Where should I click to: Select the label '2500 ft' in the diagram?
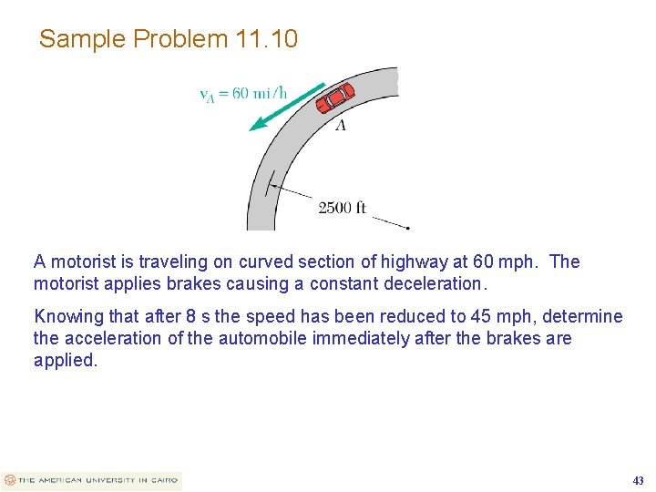tap(342, 208)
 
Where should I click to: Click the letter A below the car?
tap(341, 125)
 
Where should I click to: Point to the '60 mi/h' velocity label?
tap(260, 92)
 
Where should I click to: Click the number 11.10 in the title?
tap(266, 39)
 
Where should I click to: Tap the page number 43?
tap(638, 480)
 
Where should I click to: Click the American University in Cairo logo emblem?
tap(10, 480)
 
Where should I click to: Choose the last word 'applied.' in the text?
tap(66, 360)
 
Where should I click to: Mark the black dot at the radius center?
tap(409, 227)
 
